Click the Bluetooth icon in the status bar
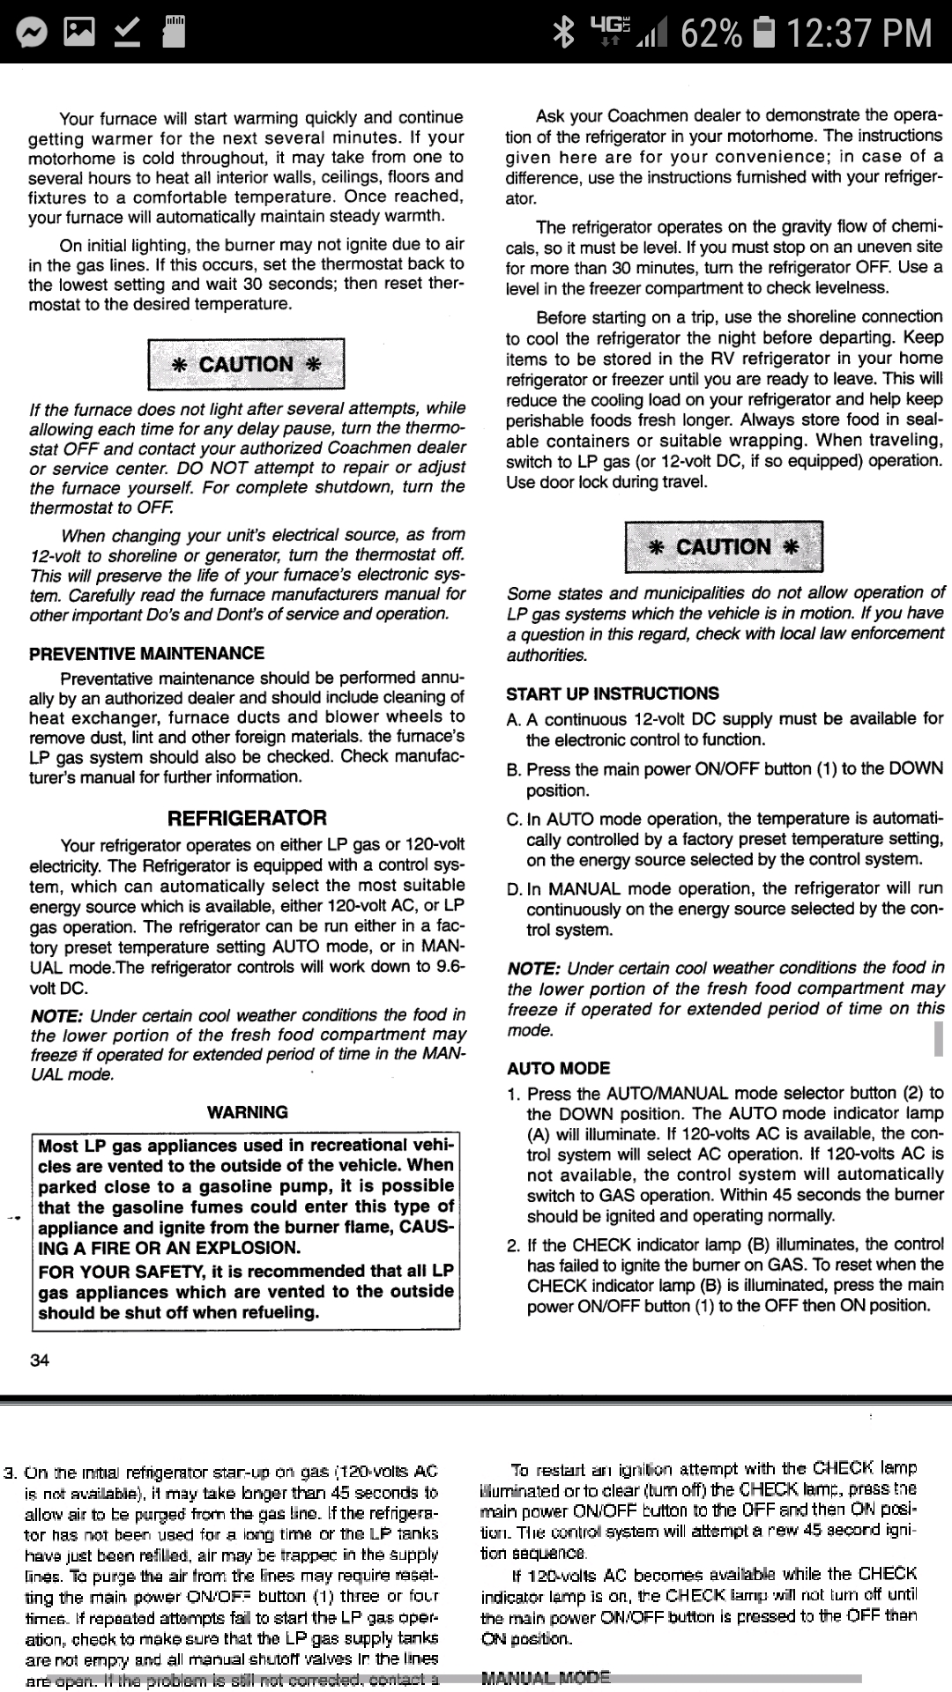(x=562, y=33)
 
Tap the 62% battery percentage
(x=710, y=33)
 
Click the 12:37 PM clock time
(x=859, y=33)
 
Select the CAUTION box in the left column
(x=246, y=365)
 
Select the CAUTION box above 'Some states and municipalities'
(x=724, y=547)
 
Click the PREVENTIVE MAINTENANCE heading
(x=146, y=653)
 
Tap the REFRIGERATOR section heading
(x=247, y=818)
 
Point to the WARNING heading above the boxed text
(x=248, y=1112)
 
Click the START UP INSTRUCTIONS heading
(x=613, y=694)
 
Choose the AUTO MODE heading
(x=558, y=1068)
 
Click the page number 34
(x=40, y=1360)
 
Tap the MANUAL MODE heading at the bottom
(x=546, y=1677)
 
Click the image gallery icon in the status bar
(x=79, y=33)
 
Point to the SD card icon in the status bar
(x=174, y=33)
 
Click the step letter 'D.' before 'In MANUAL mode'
(x=515, y=889)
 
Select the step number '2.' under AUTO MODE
(x=514, y=1245)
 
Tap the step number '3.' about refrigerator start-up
(x=11, y=1473)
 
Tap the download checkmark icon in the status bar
(x=127, y=33)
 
